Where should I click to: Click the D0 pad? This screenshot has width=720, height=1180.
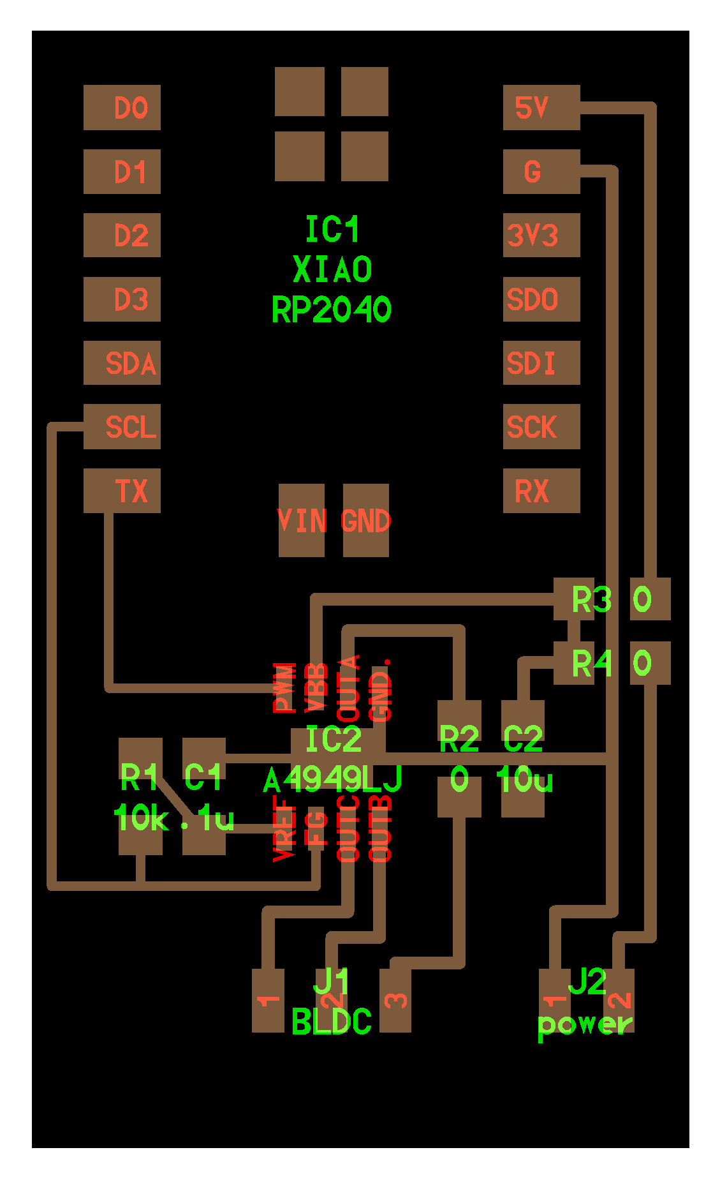[122, 107]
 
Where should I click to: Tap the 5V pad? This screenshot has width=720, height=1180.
[541, 107]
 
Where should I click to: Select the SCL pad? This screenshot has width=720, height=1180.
[122, 426]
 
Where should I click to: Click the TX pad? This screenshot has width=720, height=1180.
[122, 490]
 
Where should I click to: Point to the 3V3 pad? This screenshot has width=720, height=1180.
[541, 235]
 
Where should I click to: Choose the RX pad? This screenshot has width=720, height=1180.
[541, 490]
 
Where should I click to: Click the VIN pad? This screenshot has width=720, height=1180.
[302, 520]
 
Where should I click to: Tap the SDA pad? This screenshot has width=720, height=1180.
[122, 362]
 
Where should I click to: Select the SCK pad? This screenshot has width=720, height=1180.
[541, 426]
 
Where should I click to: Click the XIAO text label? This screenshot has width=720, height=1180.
[332, 269]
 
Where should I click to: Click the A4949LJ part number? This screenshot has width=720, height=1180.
[333, 779]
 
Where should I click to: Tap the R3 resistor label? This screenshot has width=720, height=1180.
[591, 599]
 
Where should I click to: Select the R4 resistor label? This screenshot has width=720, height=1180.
[591, 663]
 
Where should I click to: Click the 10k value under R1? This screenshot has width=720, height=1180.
[140, 818]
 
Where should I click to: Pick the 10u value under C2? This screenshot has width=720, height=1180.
[524, 779]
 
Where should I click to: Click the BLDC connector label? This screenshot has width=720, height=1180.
[331, 1022]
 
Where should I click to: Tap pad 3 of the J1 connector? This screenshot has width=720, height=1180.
[395, 1000]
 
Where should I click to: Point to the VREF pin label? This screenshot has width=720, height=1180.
[284, 828]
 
